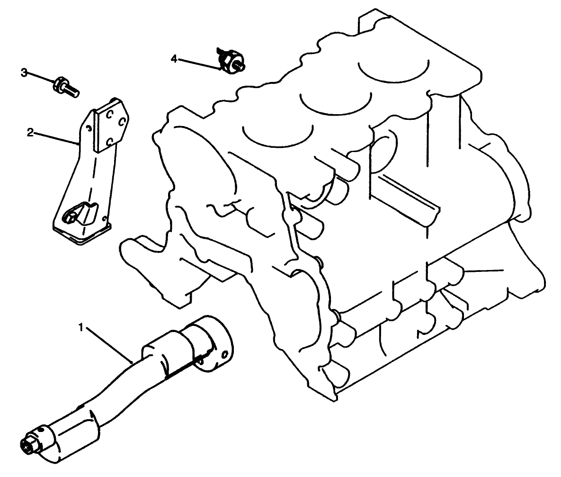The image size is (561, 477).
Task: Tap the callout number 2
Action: pyautogui.click(x=30, y=132)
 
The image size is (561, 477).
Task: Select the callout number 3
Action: pyautogui.click(x=24, y=72)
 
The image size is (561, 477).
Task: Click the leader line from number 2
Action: pyautogui.click(x=54, y=137)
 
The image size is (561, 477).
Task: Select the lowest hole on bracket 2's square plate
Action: pyautogui.click(x=109, y=141)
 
